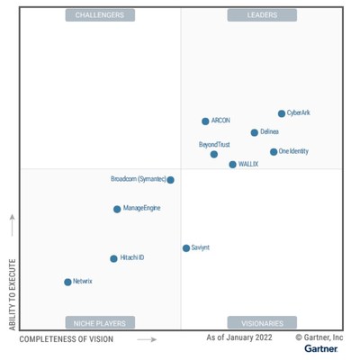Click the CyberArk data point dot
(282, 113)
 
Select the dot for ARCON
(205, 121)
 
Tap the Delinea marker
(255, 132)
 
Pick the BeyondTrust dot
(214, 154)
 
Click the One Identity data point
(274, 152)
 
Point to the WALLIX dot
(232, 165)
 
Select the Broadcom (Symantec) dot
(170, 179)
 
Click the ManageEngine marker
(117, 209)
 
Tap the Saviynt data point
(186, 247)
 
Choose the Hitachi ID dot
(113, 258)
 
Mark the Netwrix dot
(67, 282)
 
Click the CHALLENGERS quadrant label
(100, 15)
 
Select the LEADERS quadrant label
(262, 15)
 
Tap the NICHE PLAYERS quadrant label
(100, 322)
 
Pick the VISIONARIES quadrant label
(262, 322)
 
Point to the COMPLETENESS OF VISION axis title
(67, 339)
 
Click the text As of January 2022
(239, 337)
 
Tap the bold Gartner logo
(321, 348)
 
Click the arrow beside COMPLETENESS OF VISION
(147, 339)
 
